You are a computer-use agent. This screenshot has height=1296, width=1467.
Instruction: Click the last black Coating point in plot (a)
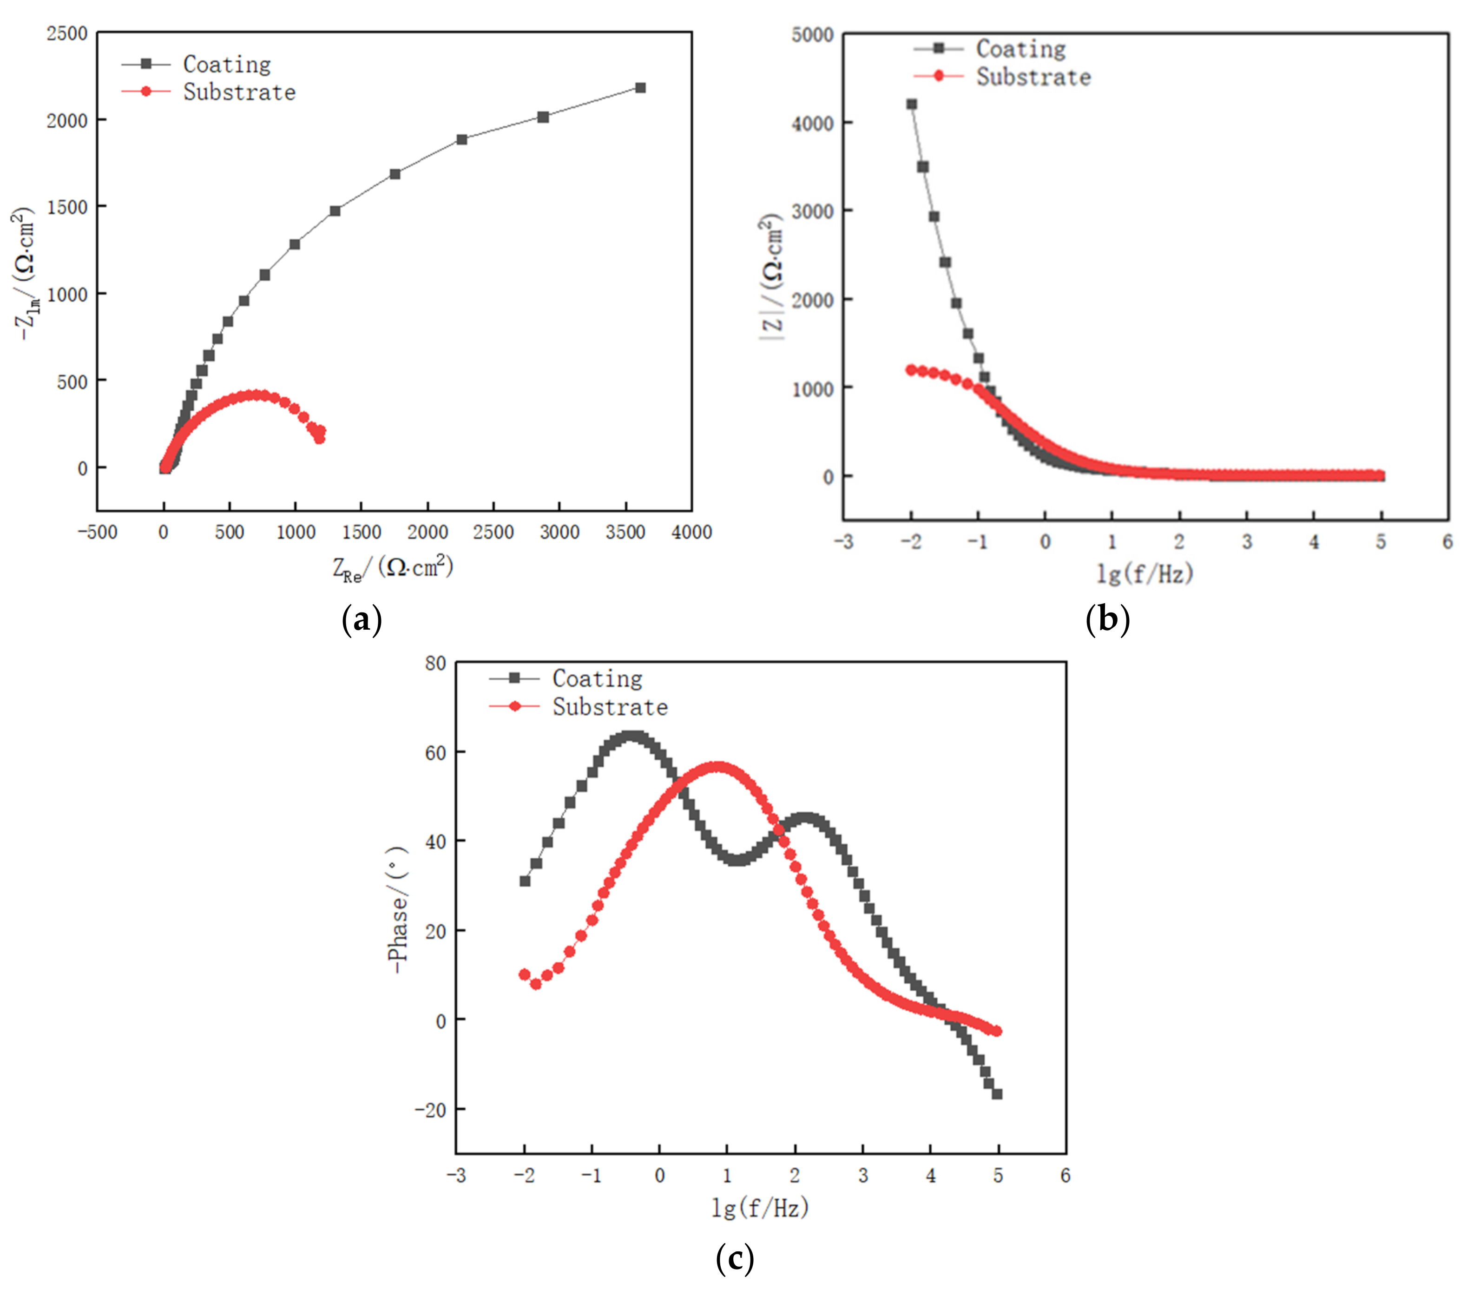tap(640, 87)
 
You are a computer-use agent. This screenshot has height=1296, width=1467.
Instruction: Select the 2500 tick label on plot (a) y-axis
tap(67, 34)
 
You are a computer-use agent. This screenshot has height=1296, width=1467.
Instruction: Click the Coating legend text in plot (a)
tap(227, 65)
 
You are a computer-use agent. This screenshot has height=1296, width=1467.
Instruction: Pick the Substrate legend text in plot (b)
tap(1033, 77)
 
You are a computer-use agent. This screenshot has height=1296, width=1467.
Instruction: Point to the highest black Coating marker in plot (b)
tap(912, 104)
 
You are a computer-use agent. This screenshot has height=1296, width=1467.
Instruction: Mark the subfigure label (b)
tap(1107, 618)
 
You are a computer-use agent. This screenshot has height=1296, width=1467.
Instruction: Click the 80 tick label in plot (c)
tap(435, 663)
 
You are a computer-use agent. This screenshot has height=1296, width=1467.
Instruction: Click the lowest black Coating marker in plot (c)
tap(997, 1094)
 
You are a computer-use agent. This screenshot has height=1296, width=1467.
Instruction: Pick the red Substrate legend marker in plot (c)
tap(514, 706)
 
